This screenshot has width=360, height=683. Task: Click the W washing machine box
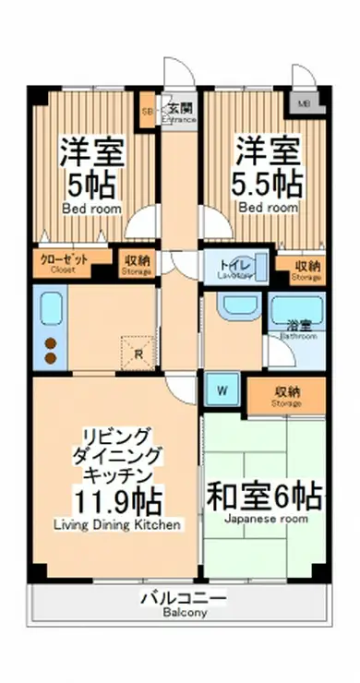click(x=222, y=390)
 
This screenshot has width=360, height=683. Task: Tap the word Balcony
click(x=185, y=614)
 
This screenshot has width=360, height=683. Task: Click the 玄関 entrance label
click(x=180, y=108)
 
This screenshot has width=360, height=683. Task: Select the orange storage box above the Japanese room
click(x=286, y=395)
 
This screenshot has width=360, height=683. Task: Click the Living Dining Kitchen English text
click(x=117, y=525)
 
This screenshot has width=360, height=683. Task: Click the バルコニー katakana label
click(x=185, y=599)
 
